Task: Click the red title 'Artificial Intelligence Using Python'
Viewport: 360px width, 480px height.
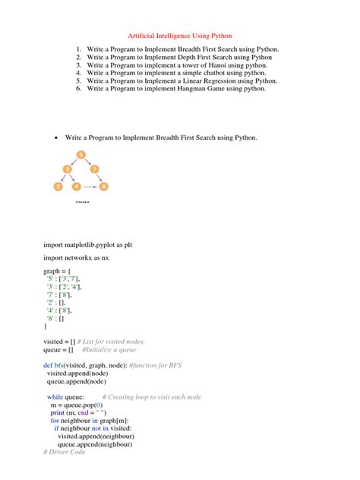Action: coord(179,35)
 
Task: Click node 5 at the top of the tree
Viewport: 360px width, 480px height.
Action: coord(81,155)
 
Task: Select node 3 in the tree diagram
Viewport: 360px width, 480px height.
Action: coord(68,169)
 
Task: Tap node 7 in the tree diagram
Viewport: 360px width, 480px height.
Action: coord(93,169)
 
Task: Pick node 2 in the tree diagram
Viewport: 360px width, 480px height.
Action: coord(58,185)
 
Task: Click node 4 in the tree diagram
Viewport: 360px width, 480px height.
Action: coord(77,185)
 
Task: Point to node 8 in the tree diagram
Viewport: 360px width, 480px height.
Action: coord(104,185)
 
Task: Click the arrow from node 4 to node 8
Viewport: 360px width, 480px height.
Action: coord(90,185)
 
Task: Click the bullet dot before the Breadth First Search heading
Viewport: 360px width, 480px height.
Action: coord(57,138)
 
